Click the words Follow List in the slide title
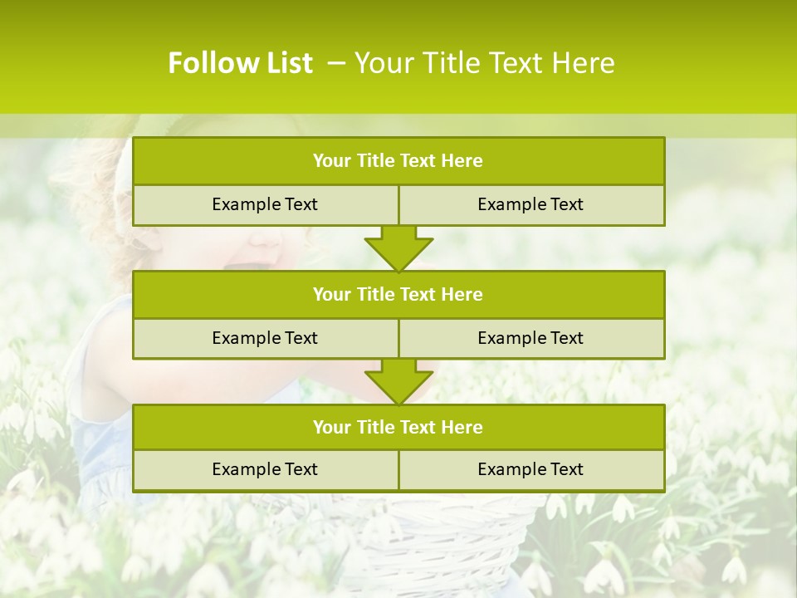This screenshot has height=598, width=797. coord(240,63)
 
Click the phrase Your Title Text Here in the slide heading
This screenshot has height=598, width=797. coord(485,63)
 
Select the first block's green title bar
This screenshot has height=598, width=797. coord(398,161)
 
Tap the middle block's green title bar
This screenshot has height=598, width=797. coord(398,294)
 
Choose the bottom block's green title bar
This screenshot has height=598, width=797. coord(398,427)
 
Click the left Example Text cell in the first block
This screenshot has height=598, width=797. coord(265,204)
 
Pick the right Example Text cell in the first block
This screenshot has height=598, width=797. coord(531,204)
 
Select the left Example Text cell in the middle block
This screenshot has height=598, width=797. coord(265,338)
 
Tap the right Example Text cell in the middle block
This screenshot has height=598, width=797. coord(531,338)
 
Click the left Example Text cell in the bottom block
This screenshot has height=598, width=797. coord(265,469)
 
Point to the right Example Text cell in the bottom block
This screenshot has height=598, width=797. coord(531,469)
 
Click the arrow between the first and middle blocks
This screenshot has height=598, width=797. coord(398,248)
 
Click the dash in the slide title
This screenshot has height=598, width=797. coord(336,63)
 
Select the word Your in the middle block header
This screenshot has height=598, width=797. coord(331,294)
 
